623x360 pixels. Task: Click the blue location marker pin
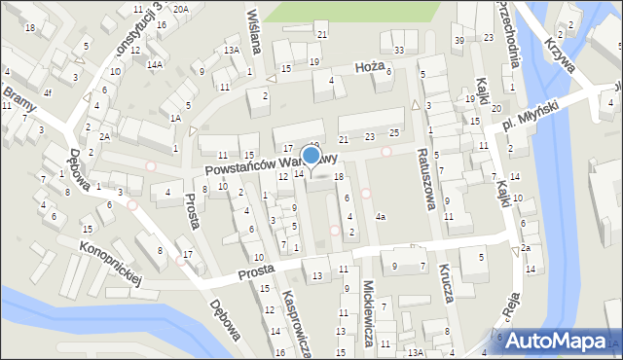tap(311, 156)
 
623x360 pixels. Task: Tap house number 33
tap(398, 50)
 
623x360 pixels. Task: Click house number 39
tap(458, 40)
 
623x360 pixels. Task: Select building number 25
tap(393, 131)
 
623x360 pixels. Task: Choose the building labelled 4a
tap(381, 216)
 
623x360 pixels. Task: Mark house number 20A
tap(181, 9)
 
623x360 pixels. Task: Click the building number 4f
tap(47, 93)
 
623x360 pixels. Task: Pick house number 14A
tap(154, 64)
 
